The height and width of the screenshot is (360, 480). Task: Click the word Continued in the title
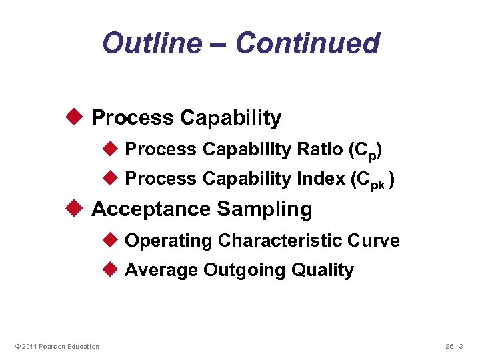[x=307, y=43]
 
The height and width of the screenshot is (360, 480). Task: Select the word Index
[x=321, y=179]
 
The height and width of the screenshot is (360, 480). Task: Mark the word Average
[x=161, y=270]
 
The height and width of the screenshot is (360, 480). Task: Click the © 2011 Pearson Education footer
[x=57, y=346]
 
